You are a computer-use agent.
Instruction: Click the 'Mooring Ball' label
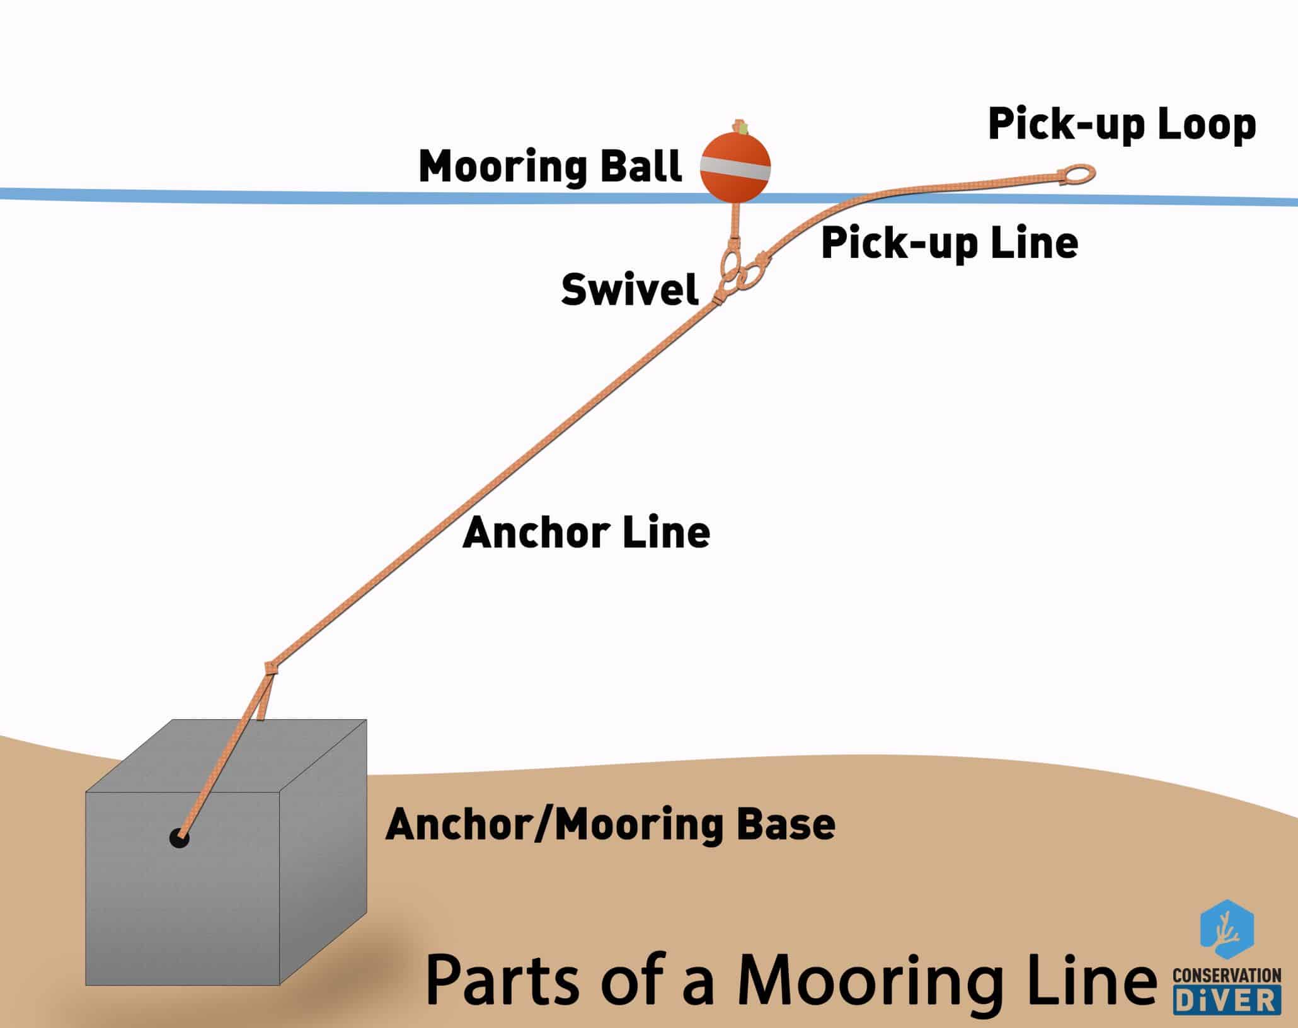tap(550, 167)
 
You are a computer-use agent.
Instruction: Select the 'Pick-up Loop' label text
tap(1122, 124)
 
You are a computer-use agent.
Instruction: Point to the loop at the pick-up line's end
tap(1078, 173)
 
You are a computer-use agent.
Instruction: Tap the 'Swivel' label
tap(629, 290)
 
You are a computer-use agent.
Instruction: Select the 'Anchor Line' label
tap(586, 533)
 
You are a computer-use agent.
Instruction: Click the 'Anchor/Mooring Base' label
tap(610, 824)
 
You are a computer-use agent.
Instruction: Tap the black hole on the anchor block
tap(180, 838)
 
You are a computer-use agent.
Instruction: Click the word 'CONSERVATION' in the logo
tap(1226, 976)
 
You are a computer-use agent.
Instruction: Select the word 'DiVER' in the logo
tap(1226, 1000)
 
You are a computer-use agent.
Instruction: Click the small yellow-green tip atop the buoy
tap(743, 129)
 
